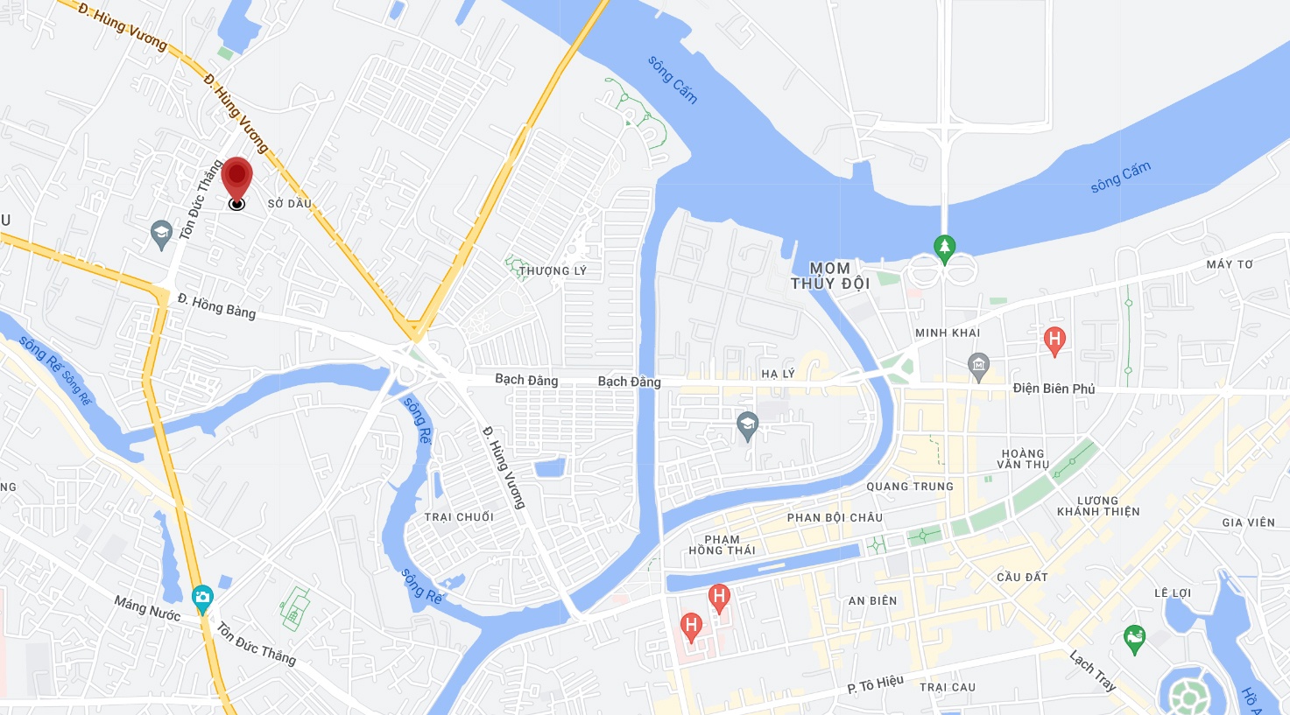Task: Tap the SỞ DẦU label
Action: coord(290,203)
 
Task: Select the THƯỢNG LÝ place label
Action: coord(553,270)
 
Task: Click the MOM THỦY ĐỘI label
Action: coord(830,276)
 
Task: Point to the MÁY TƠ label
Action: coord(1230,264)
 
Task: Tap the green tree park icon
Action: coord(944,249)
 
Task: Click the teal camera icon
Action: coord(202,599)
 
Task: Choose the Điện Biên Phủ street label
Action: coord(1054,389)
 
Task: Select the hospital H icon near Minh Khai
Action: coord(1054,340)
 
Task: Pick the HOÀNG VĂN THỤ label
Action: coord(1023,459)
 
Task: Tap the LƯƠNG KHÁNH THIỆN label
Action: coord(1098,506)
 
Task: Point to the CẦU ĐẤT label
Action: coord(1022,578)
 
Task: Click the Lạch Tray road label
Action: coord(1092,670)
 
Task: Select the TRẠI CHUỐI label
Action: coord(459,517)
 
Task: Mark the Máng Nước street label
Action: coord(147,608)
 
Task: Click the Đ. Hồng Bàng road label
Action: coord(216,306)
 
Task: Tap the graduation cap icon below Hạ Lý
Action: coord(747,426)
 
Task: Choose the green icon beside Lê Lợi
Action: coord(1134,638)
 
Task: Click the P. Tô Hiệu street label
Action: coord(875,684)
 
